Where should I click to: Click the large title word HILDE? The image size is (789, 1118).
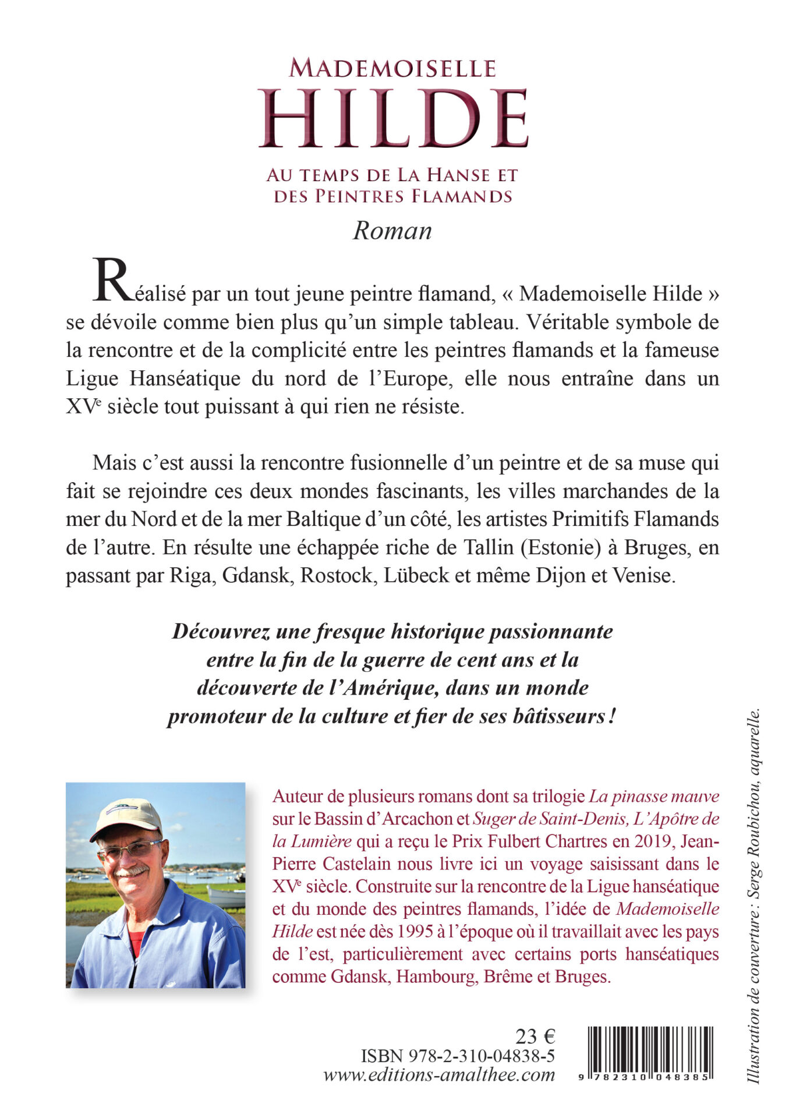pyautogui.click(x=394, y=119)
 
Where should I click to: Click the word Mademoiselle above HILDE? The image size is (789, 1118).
pyautogui.click(x=392, y=69)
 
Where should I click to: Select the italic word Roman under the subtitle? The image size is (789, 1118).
pyautogui.click(x=392, y=231)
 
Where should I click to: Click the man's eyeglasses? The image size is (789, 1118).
pyautogui.click(x=129, y=850)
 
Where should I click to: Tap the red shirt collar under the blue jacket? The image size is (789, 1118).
pyautogui.click(x=136, y=943)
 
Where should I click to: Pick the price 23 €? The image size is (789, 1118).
pyautogui.click(x=535, y=1036)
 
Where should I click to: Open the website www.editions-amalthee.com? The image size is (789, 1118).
pyautogui.click(x=439, y=1075)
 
